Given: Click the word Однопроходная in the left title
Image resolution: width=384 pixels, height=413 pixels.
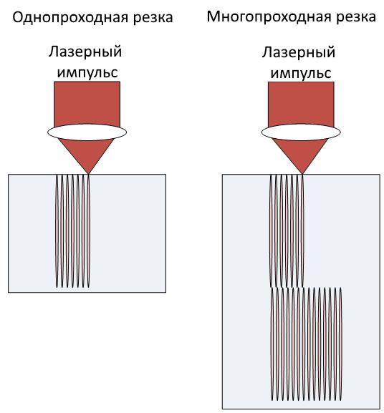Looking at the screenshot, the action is (x=71, y=18).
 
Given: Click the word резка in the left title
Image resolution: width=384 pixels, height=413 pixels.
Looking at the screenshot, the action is (x=153, y=18).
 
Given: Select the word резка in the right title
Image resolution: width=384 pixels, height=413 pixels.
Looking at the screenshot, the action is (x=356, y=17).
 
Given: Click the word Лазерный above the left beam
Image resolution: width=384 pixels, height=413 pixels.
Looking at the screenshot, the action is (x=85, y=52).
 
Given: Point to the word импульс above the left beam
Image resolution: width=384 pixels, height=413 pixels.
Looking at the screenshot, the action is (x=87, y=72).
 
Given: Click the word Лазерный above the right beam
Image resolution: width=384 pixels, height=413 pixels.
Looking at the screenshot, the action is (x=299, y=52).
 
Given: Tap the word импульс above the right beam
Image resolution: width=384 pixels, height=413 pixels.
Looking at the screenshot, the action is (x=301, y=73).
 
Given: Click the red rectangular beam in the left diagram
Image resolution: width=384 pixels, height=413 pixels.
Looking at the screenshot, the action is (x=87, y=104).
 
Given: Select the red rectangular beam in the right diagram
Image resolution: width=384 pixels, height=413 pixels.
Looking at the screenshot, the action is (x=301, y=104).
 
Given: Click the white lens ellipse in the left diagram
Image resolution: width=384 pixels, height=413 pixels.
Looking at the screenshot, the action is (x=87, y=132).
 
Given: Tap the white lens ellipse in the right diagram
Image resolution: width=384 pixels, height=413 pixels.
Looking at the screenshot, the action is (x=301, y=132).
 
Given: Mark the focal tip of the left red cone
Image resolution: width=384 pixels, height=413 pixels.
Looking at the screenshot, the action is (x=88, y=174).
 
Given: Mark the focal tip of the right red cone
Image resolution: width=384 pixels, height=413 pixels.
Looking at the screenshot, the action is (x=302, y=174).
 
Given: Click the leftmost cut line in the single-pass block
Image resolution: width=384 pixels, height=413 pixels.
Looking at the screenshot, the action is (x=57, y=231).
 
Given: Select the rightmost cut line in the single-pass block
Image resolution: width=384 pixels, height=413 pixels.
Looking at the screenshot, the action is (x=89, y=231).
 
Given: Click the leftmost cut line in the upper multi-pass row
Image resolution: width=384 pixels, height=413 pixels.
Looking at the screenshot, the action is (x=271, y=231).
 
